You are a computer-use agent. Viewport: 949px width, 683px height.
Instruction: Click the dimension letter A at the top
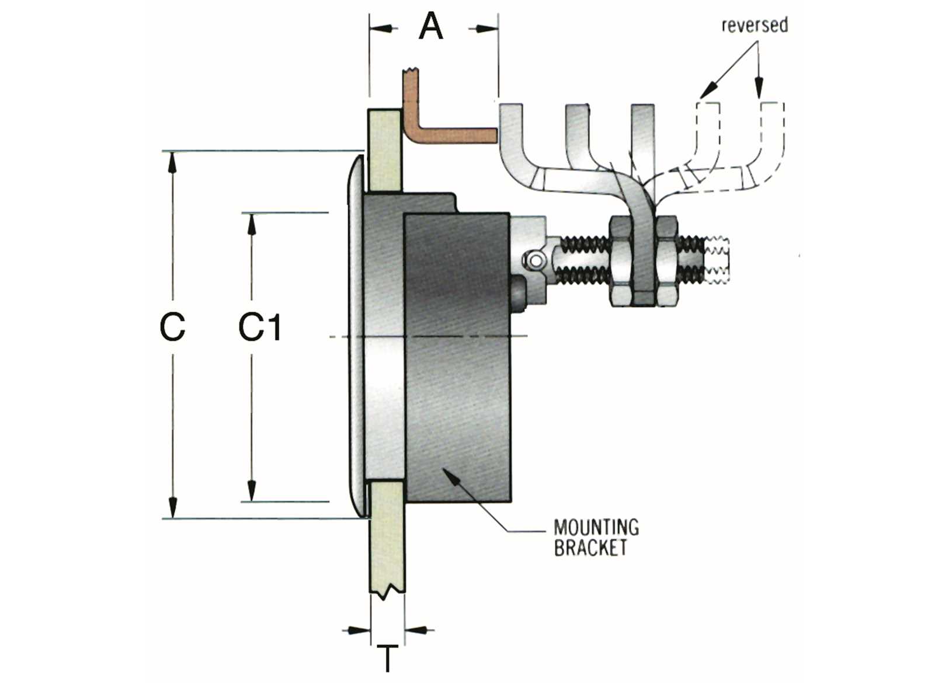(x=431, y=27)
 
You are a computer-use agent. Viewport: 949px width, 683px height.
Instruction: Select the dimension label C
(x=172, y=327)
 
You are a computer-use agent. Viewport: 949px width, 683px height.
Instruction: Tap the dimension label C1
(x=260, y=327)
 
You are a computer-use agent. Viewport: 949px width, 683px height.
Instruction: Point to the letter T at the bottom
(x=387, y=658)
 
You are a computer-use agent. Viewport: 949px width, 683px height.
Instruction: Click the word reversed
(x=755, y=25)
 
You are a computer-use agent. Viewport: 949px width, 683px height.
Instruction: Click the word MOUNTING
(x=596, y=528)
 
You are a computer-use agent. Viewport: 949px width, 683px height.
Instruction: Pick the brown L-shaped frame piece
(x=444, y=134)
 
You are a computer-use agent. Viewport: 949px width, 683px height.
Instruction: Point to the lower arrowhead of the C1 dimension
(x=252, y=491)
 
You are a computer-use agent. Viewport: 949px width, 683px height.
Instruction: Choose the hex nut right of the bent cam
(x=666, y=260)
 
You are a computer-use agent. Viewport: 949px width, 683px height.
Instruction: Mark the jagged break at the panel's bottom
(x=387, y=594)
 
